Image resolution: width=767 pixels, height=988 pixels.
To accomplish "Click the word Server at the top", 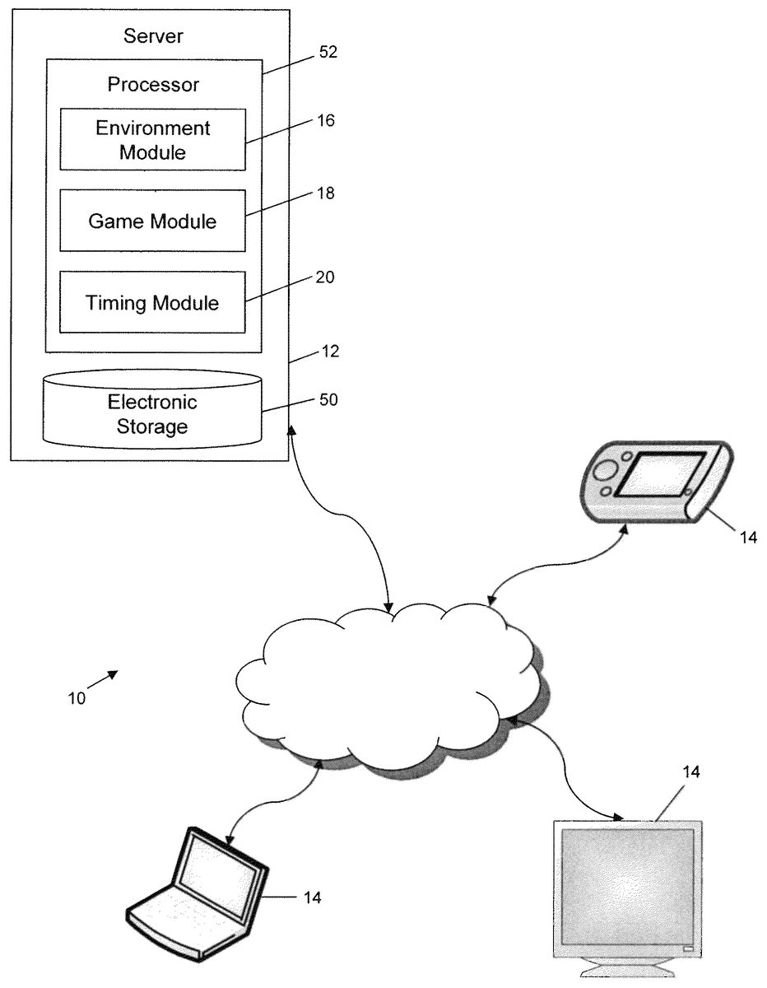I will click(152, 35).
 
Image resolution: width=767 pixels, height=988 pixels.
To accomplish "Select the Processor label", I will click(153, 84).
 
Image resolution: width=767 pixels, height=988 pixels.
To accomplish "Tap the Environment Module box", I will click(153, 140).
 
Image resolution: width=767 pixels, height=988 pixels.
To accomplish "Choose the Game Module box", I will click(153, 221).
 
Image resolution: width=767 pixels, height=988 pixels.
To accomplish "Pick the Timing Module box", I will click(153, 302).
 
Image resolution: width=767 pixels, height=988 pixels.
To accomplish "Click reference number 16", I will click(327, 121).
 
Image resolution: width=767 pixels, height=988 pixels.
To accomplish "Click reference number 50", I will click(329, 400).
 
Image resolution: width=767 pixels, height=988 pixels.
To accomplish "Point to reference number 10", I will click(77, 697).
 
